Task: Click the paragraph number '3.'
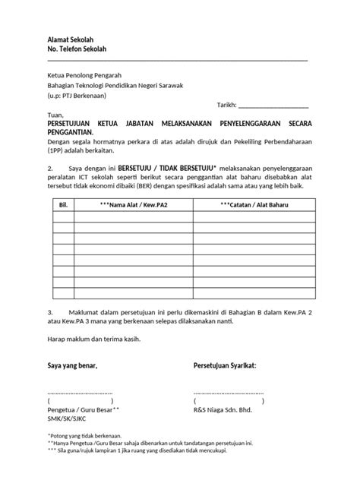pos(50,311)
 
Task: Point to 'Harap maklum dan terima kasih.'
pos(93,340)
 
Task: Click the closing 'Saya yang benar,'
pos(73,366)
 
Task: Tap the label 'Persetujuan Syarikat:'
pos(226,366)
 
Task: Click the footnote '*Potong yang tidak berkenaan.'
pos(89,437)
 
